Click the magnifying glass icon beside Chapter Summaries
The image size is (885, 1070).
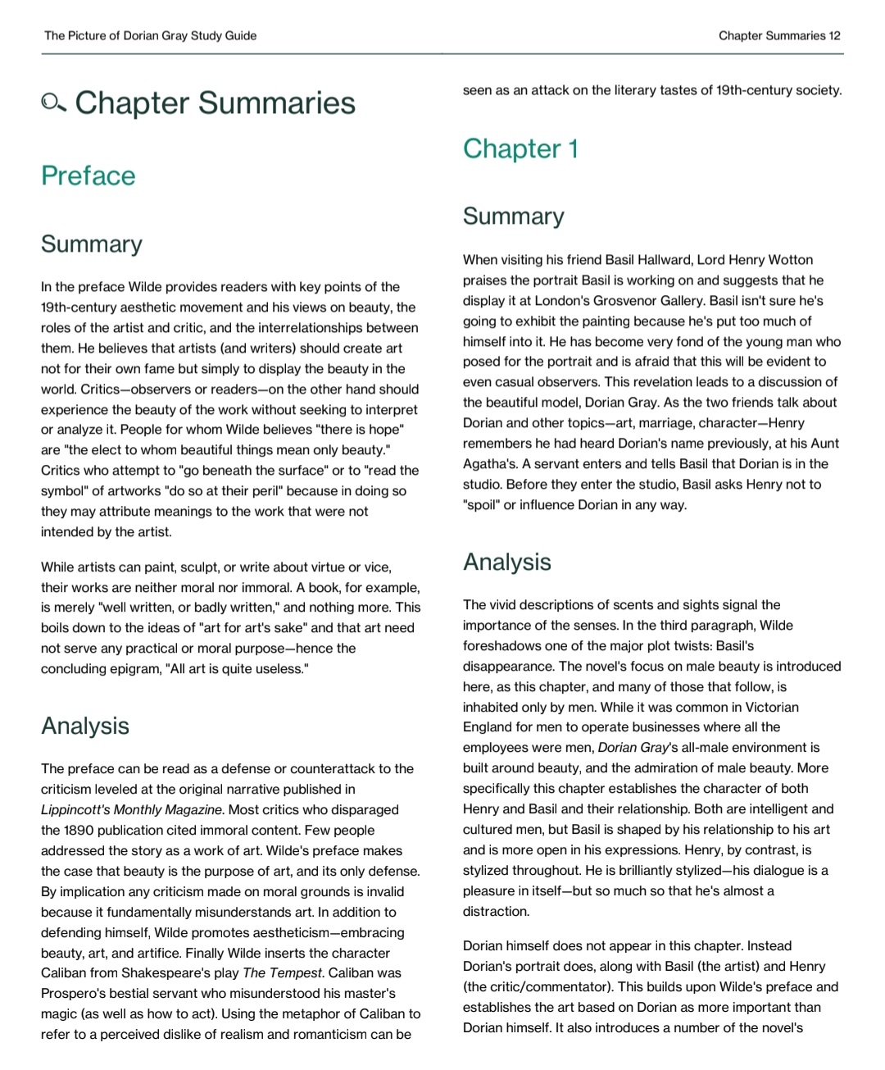53,103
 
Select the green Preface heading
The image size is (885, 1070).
88,175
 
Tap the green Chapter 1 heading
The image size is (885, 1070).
520,148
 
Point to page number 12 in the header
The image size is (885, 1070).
834,35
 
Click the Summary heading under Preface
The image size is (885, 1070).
92,244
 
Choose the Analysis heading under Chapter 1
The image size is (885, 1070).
506,562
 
